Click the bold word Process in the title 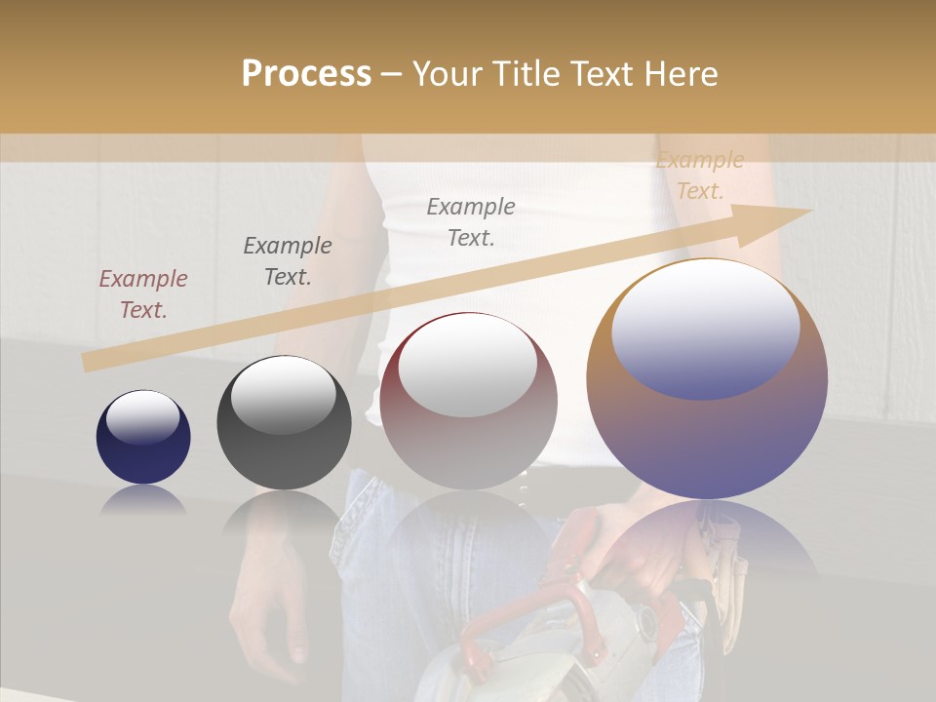click(x=306, y=74)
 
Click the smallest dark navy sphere click(x=143, y=438)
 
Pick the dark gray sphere click(x=284, y=423)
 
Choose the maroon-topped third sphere click(x=469, y=402)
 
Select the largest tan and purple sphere click(x=707, y=379)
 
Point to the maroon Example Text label click(x=143, y=294)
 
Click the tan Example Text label click(x=700, y=175)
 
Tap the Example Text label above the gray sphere click(x=288, y=261)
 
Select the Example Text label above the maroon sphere click(x=471, y=222)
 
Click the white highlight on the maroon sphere click(x=468, y=367)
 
